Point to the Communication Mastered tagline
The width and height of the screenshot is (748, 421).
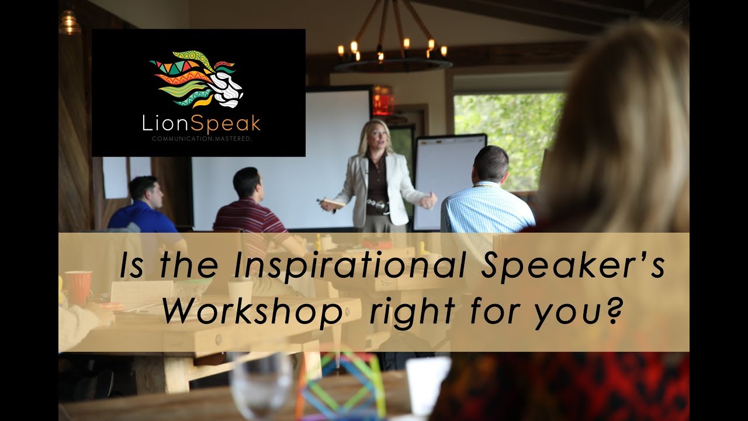click(198, 139)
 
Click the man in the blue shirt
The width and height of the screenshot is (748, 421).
click(143, 208)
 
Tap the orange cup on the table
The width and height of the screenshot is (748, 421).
click(78, 287)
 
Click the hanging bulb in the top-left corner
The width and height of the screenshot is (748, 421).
click(70, 22)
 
